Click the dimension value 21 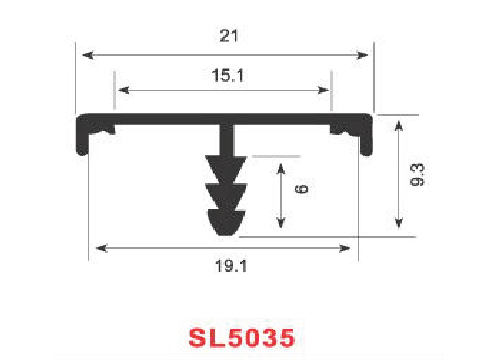229,36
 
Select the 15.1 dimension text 228,75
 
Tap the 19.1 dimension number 231,266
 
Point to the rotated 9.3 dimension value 417,175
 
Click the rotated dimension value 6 302,189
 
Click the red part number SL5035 242,338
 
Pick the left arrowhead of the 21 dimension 88,55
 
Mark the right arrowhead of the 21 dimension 362,55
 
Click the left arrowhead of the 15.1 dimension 124,90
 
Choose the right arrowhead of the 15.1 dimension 323,90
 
